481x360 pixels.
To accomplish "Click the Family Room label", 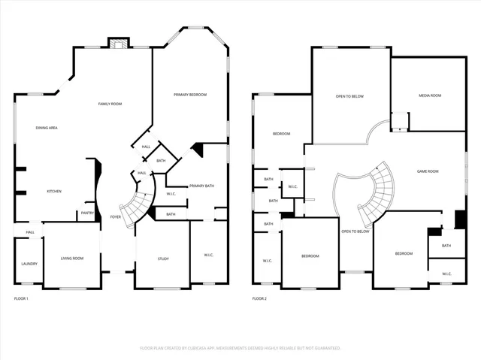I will [110, 104].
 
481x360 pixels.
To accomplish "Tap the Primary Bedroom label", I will [189, 95].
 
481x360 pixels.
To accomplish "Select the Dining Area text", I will [47, 128].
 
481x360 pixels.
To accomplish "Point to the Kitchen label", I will [54, 192].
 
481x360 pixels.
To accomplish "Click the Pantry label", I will [87, 213].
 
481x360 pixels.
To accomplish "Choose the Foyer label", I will [115, 216].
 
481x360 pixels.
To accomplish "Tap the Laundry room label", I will [29, 264].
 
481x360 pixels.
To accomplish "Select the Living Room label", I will [72, 259].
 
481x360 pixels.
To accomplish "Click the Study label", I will [163, 259].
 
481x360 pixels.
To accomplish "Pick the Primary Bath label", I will [201, 186].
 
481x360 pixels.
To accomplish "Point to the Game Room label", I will [428, 171].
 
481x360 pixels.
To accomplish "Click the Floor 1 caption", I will [21, 299].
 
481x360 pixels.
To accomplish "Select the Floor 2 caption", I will [259, 299].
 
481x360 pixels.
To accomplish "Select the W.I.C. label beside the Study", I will [208, 256].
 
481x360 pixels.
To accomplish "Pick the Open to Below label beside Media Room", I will [349, 96].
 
